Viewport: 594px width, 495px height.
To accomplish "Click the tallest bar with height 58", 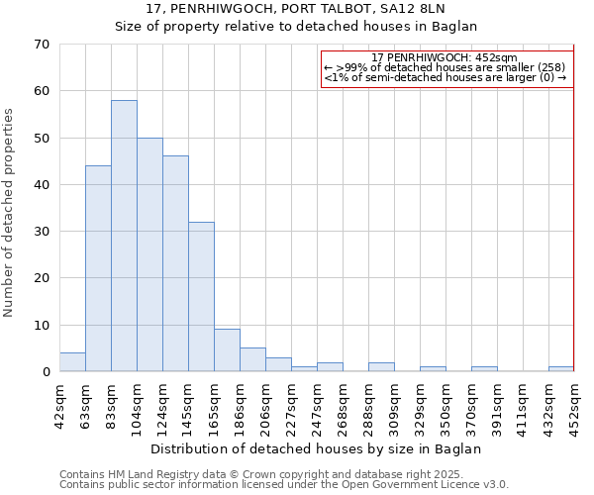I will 124,236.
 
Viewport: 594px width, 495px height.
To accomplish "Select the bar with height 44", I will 98,268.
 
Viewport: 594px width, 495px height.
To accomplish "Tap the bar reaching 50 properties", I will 149,254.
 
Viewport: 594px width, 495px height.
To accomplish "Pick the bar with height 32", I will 201,296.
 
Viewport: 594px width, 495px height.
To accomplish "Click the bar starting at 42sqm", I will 72,362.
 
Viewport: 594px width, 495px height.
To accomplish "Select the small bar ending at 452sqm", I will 560,369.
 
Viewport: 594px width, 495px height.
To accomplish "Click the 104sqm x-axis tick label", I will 137,402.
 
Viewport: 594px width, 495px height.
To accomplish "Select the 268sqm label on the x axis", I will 343,402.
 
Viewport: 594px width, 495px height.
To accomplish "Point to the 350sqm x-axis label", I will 445,402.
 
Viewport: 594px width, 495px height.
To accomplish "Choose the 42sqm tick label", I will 59,402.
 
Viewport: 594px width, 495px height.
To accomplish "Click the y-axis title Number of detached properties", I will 10,212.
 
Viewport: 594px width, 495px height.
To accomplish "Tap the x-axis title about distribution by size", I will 316,448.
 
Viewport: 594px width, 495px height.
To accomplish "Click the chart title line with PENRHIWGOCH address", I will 296,9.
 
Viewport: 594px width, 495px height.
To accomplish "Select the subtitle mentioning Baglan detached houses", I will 296,26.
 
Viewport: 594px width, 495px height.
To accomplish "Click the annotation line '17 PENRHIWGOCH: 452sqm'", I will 445,58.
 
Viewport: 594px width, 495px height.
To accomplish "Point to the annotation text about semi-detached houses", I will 445,77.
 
